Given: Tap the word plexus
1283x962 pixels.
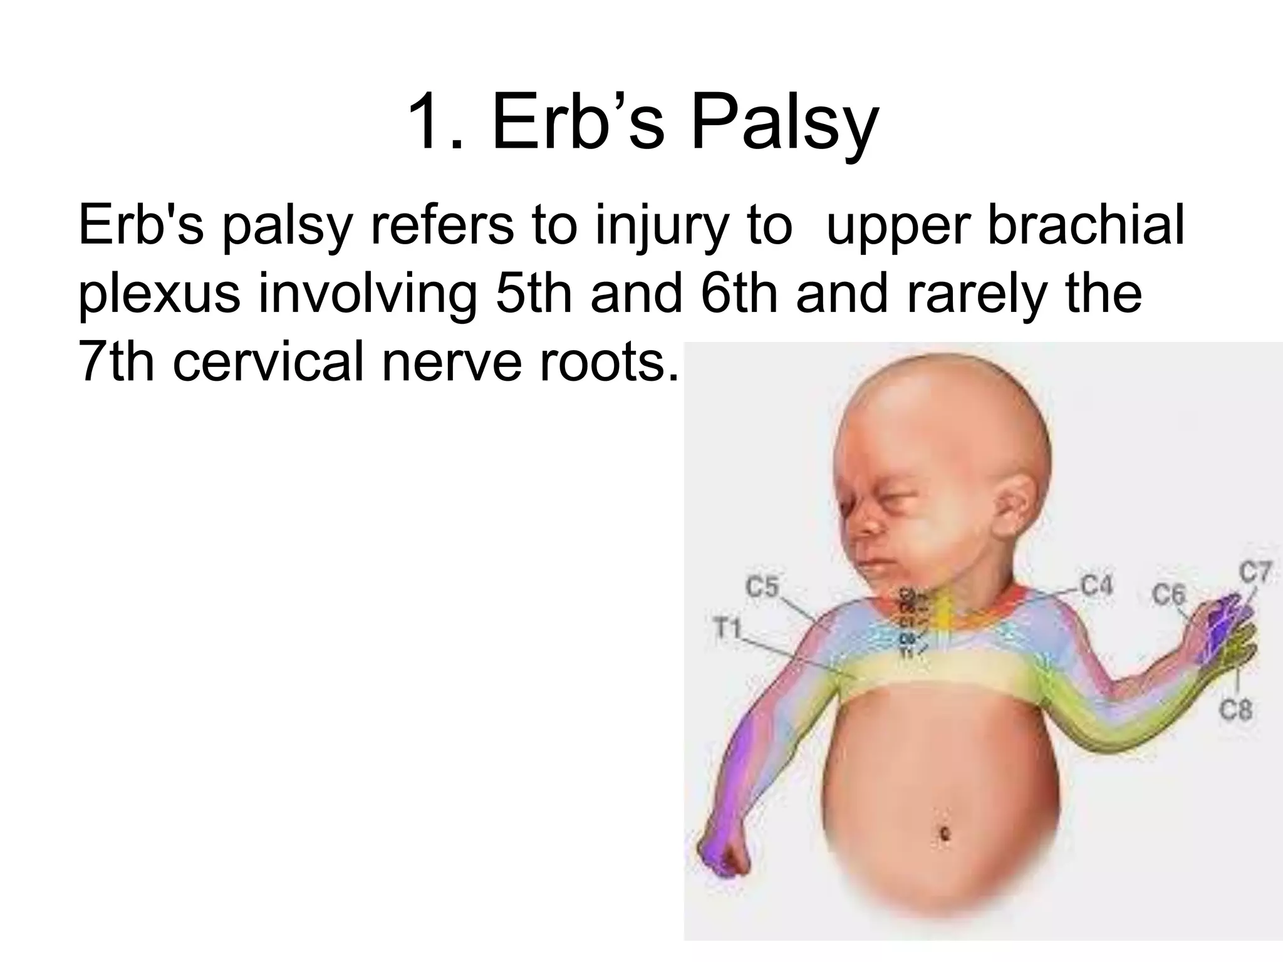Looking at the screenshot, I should point(159,294).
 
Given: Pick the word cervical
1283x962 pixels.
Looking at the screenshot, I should point(268,361).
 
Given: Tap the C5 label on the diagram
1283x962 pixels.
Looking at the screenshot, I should point(761,587).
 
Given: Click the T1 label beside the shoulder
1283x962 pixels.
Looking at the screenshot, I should point(727,628).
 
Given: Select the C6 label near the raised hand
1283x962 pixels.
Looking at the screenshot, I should point(1169,594).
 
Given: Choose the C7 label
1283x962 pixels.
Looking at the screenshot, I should point(1255,572).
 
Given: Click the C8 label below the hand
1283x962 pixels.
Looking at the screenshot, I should point(1235,710).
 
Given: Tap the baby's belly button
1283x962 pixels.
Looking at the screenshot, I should point(945,834).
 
